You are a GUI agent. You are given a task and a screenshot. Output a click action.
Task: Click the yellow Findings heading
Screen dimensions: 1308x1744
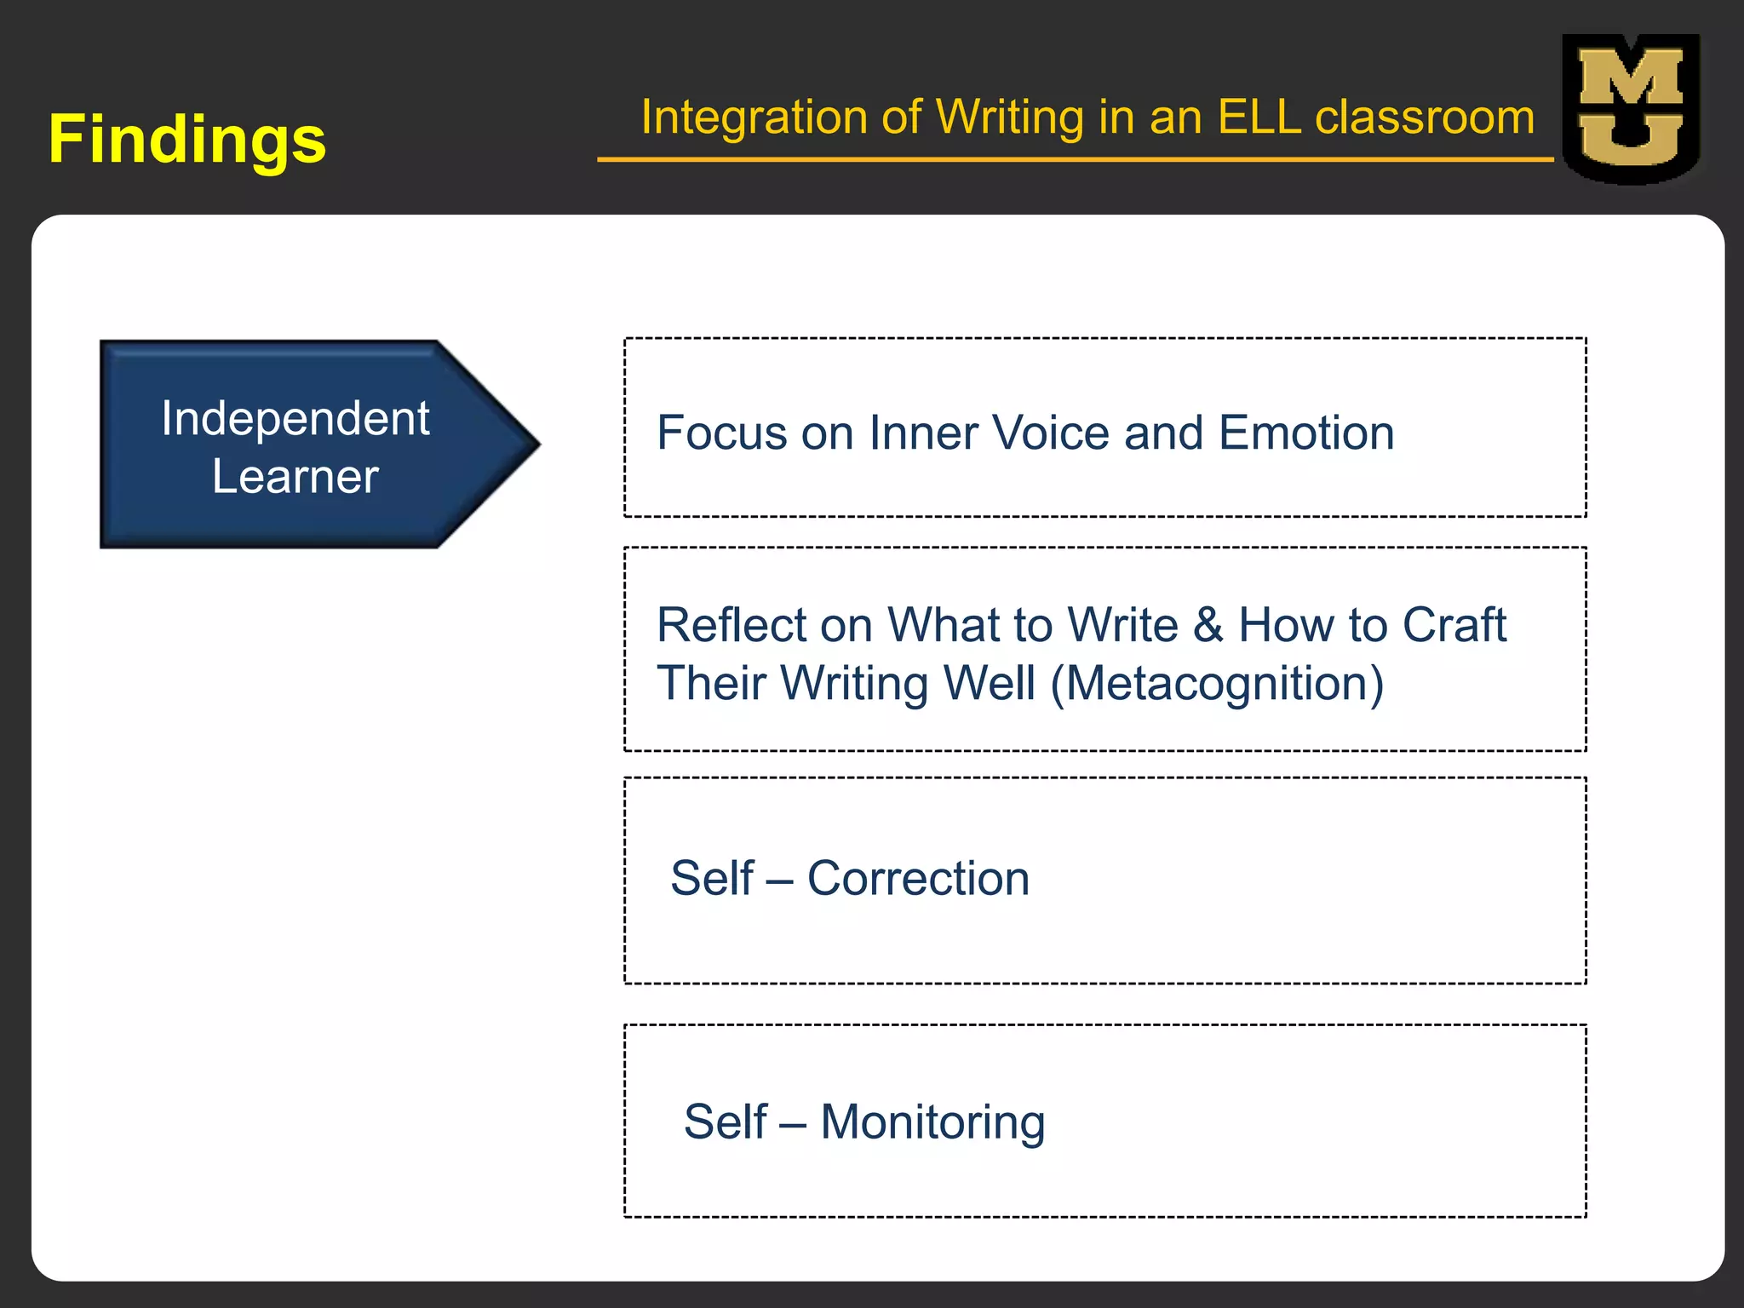point(187,140)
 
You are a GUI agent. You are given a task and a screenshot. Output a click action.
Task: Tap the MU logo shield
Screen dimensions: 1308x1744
point(1631,109)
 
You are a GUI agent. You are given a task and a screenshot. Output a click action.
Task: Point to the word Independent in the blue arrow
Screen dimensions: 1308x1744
point(295,418)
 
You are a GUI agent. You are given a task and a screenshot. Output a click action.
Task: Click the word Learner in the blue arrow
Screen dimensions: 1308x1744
point(295,476)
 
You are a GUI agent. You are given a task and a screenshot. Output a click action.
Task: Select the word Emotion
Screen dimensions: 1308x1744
point(1306,433)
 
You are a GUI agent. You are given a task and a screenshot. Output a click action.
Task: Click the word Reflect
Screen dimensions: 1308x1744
point(731,625)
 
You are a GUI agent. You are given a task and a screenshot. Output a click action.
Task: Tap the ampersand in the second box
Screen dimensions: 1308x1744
point(1208,625)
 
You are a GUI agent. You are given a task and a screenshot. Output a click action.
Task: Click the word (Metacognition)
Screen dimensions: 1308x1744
point(1217,684)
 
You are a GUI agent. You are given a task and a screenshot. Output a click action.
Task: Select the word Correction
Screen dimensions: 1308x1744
point(918,878)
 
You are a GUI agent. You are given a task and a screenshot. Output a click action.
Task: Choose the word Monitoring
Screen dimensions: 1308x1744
point(932,1122)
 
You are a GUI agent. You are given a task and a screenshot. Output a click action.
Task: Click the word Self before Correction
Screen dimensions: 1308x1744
point(712,878)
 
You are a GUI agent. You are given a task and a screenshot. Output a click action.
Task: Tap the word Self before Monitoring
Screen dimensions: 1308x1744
point(726,1122)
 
